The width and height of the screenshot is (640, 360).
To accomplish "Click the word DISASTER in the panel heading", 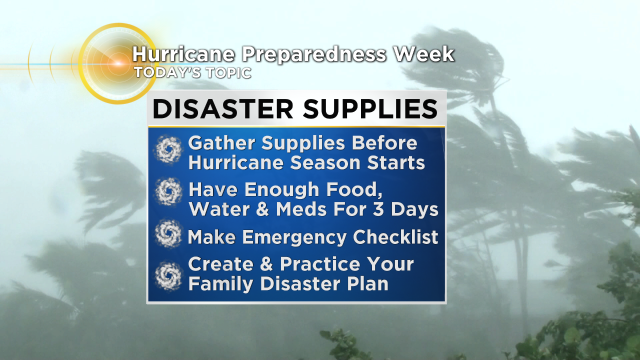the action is click(x=223, y=109).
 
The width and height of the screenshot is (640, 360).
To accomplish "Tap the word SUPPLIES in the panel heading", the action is click(x=370, y=109).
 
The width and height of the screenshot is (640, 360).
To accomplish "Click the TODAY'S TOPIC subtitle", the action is click(x=193, y=72).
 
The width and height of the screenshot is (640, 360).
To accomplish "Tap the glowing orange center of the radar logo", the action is click(x=118, y=63).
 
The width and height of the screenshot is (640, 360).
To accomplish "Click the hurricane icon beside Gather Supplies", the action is click(x=168, y=149).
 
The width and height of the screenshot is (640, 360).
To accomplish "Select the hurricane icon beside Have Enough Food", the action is click(x=168, y=191).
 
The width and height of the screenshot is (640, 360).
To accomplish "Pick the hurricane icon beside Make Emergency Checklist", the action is click(x=168, y=233).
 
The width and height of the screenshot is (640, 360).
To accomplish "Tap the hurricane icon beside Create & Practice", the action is click(x=168, y=276).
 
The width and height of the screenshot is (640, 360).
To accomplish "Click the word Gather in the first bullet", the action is click(x=221, y=142).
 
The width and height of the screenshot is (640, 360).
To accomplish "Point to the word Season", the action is click(x=325, y=163).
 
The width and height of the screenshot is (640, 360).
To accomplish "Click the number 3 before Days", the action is click(x=378, y=209).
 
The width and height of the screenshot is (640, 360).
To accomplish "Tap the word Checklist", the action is click(x=395, y=237).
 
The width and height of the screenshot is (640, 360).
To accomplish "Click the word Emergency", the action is click(x=294, y=237).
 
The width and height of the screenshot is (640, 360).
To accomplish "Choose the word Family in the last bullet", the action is click(x=221, y=284).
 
